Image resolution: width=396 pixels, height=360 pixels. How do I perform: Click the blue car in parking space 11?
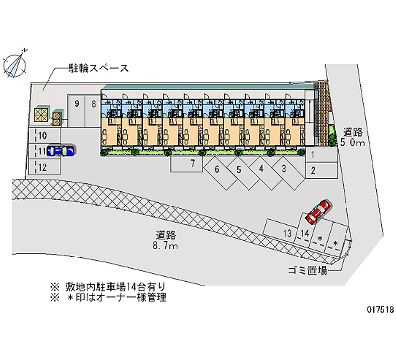61,151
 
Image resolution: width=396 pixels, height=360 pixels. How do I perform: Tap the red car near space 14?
318,211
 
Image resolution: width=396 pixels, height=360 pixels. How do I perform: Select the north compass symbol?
15,64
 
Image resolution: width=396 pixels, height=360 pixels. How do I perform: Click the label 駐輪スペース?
99,68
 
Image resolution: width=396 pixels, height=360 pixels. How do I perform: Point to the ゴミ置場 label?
307,270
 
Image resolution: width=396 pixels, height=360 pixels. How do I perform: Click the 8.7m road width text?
165,245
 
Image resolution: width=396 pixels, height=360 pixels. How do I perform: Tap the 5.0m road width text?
352,143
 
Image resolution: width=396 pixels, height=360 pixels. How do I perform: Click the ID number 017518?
380,309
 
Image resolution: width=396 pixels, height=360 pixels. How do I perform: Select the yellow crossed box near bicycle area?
41,115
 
